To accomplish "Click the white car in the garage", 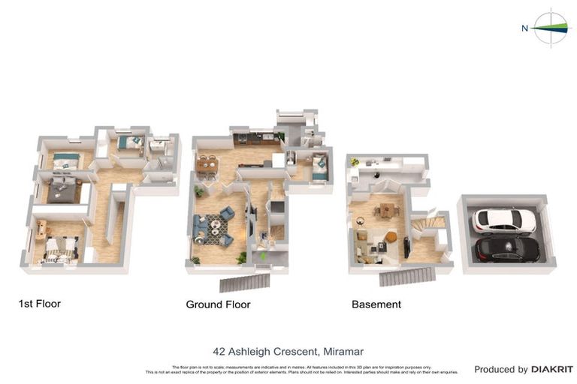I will (504, 220).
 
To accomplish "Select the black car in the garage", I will (508, 247).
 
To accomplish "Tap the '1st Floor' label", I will (39, 304).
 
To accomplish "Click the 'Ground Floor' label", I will (218, 304).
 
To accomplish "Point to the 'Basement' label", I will (376, 304).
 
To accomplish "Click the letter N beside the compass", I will (524, 28).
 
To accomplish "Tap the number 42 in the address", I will (219, 351).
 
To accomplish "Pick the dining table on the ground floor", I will (207, 162).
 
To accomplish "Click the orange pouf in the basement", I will (391, 237).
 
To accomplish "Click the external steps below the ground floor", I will (244, 282).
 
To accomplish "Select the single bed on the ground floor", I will (319, 166).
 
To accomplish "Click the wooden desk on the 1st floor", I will (41, 229).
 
